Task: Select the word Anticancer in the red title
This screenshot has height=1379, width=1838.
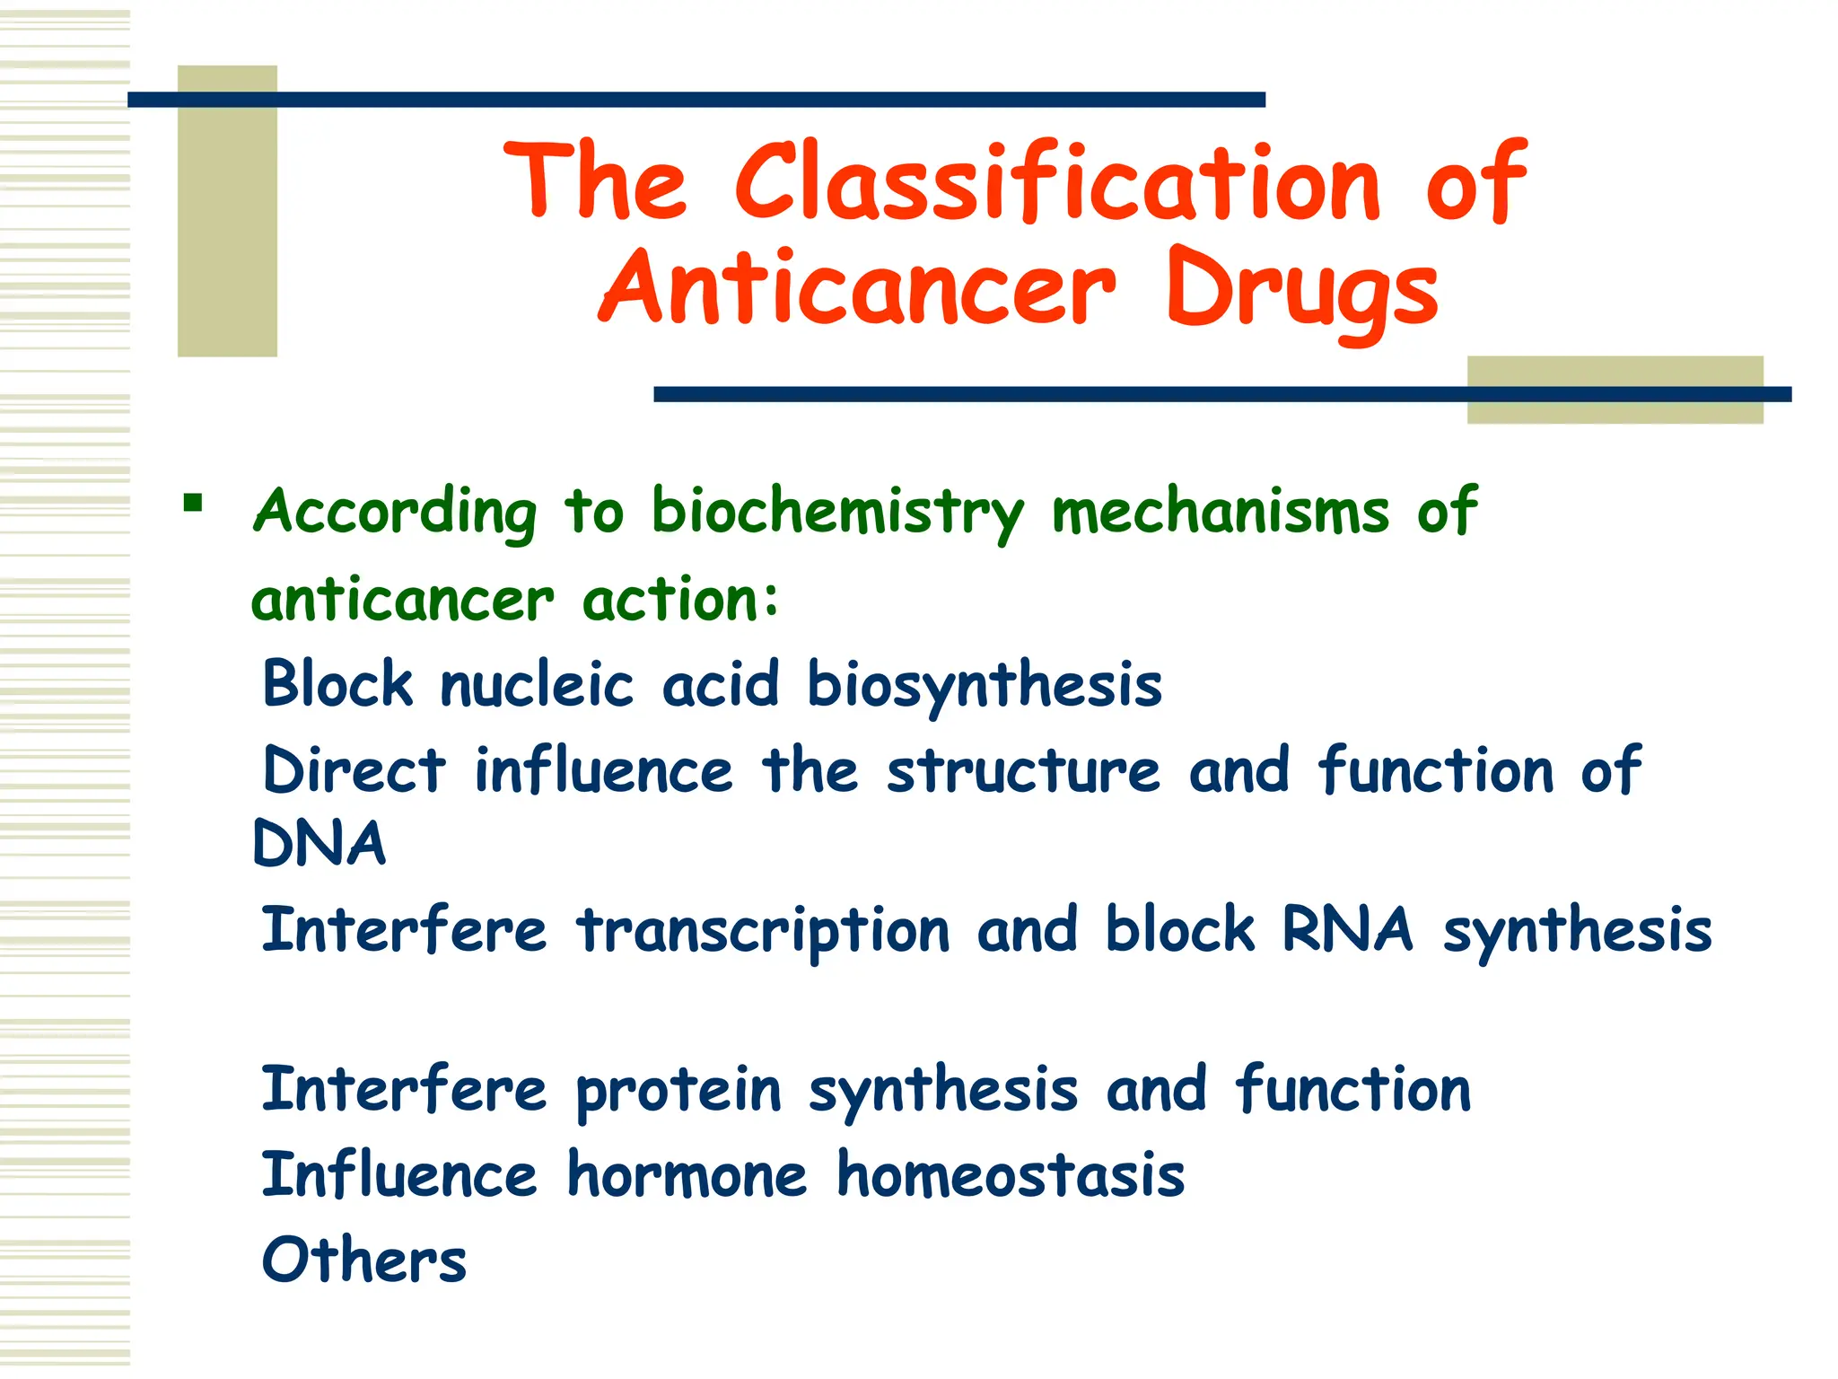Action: click(857, 289)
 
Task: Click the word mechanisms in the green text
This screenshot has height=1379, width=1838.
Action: click(1220, 512)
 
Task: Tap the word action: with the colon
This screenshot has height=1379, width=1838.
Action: click(680, 600)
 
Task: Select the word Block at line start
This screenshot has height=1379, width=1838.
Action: click(337, 684)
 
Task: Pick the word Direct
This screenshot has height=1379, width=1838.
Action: click(354, 770)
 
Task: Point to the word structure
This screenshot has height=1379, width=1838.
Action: click(1023, 770)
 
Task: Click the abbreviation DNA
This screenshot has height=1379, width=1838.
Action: click(319, 844)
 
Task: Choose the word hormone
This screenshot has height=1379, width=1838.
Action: click(687, 1175)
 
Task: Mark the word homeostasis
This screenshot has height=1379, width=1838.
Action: click(1011, 1175)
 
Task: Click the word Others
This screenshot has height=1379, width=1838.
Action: click(363, 1260)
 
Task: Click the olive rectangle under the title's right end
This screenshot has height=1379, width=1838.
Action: click(1615, 390)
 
